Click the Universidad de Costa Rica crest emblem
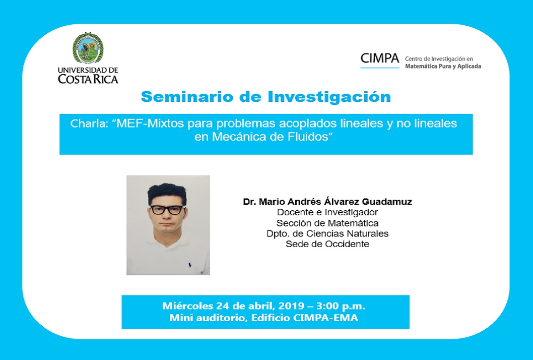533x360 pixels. pyautogui.click(x=88, y=48)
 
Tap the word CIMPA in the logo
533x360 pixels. pyautogui.click(x=380, y=58)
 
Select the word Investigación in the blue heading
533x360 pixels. pyautogui.click(x=329, y=97)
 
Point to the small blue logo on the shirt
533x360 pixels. pyautogui.click(x=189, y=264)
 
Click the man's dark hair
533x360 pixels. pyautogui.click(x=167, y=193)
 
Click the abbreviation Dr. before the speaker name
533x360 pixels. pyautogui.click(x=249, y=202)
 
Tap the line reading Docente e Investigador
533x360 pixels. pyautogui.click(x=327, y=212)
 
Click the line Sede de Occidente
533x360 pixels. pyautogui.click(x=327, y=244)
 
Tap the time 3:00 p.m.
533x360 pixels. pyautogui.click(x=341, y=306)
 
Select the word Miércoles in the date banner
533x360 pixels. pyautogui.click(x=187, y=306)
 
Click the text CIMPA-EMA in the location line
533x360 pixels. pyautogui.click(x=325, y=318)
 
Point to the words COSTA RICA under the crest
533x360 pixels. pyautogui.click(x=88, y=79)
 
